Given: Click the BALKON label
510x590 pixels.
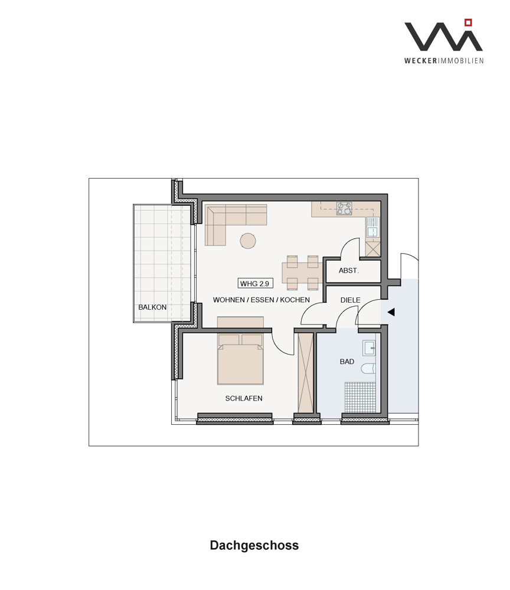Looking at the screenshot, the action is pos(152,307).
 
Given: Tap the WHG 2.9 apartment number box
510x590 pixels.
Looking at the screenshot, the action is pos(255,283).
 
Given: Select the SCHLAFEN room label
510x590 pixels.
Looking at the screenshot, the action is pos(244,398).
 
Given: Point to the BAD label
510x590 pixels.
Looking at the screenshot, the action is pos(346,362).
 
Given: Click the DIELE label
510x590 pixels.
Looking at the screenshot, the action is pos(350,300).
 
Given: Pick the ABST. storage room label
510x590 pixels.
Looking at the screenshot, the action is pos(348,270).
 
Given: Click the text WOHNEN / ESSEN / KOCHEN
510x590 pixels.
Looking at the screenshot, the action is pos(261,300).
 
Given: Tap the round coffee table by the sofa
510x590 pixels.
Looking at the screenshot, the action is pos(248,241).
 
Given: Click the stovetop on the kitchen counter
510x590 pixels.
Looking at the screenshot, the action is pos(344,208).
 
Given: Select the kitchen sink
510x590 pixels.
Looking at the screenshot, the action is pos(372,228).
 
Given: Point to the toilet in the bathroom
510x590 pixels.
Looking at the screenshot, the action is pos(369,369).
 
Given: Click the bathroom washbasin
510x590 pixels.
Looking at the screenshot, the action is pos(370,348).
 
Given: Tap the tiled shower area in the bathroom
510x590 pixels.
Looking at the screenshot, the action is pos(360,397).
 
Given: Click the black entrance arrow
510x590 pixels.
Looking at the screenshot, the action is pos(391,312).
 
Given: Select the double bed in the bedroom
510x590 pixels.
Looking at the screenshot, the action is pos(240,359).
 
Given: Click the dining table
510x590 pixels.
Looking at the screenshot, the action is pos(302,273).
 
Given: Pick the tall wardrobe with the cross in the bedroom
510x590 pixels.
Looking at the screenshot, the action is pos(306,373).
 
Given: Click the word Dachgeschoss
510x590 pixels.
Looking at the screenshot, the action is pos(254,545).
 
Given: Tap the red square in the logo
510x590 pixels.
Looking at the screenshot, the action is pos(468,22).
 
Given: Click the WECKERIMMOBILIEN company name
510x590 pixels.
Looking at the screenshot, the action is pos(444,61).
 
